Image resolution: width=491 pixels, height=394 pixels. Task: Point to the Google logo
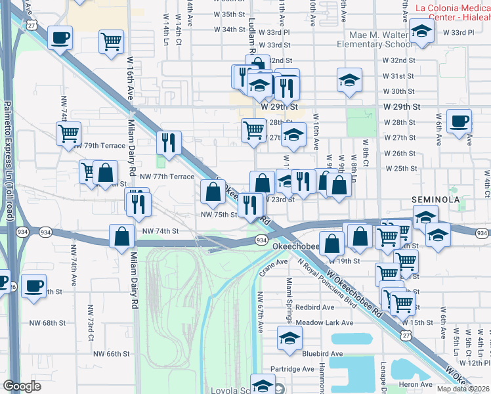pyautogui.click(x=22, y=386)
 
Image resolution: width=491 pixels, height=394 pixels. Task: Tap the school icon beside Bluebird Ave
pyautogui.click(x=288, y=338)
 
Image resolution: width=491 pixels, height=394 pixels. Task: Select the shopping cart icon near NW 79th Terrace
pyautogui.click(x=68, y=134)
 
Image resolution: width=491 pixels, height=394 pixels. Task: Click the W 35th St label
pyautogui.click(x=229, y=14)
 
